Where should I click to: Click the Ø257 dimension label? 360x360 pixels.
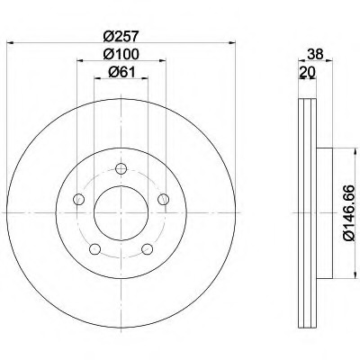click(121, 36)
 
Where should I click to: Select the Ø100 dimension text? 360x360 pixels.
click(121, 54)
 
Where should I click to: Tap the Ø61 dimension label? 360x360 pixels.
click(122, 72)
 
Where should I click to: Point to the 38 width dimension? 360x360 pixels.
click(315, 54)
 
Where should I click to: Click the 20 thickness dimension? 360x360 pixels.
click(307, 72)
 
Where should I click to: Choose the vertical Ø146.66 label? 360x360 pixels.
click(349, 213)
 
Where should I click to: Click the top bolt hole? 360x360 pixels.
click(121, 168)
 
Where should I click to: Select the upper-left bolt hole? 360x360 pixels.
click(79, 199)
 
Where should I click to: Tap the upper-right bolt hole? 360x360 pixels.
click(164, 199)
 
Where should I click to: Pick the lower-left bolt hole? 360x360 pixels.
click(95, 249)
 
